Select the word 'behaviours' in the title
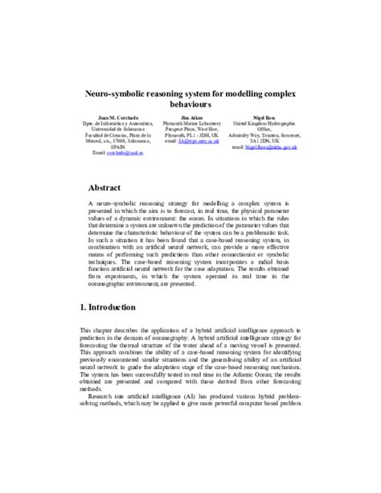click(x=190, y=105)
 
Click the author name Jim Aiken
click(x=190, y=117)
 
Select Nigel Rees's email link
click(x=272, y=149)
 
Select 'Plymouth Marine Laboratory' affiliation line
click(x=190, y=123)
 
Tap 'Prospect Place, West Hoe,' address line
click(x=190, y=129)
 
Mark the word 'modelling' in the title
click(x=223, y=93)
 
